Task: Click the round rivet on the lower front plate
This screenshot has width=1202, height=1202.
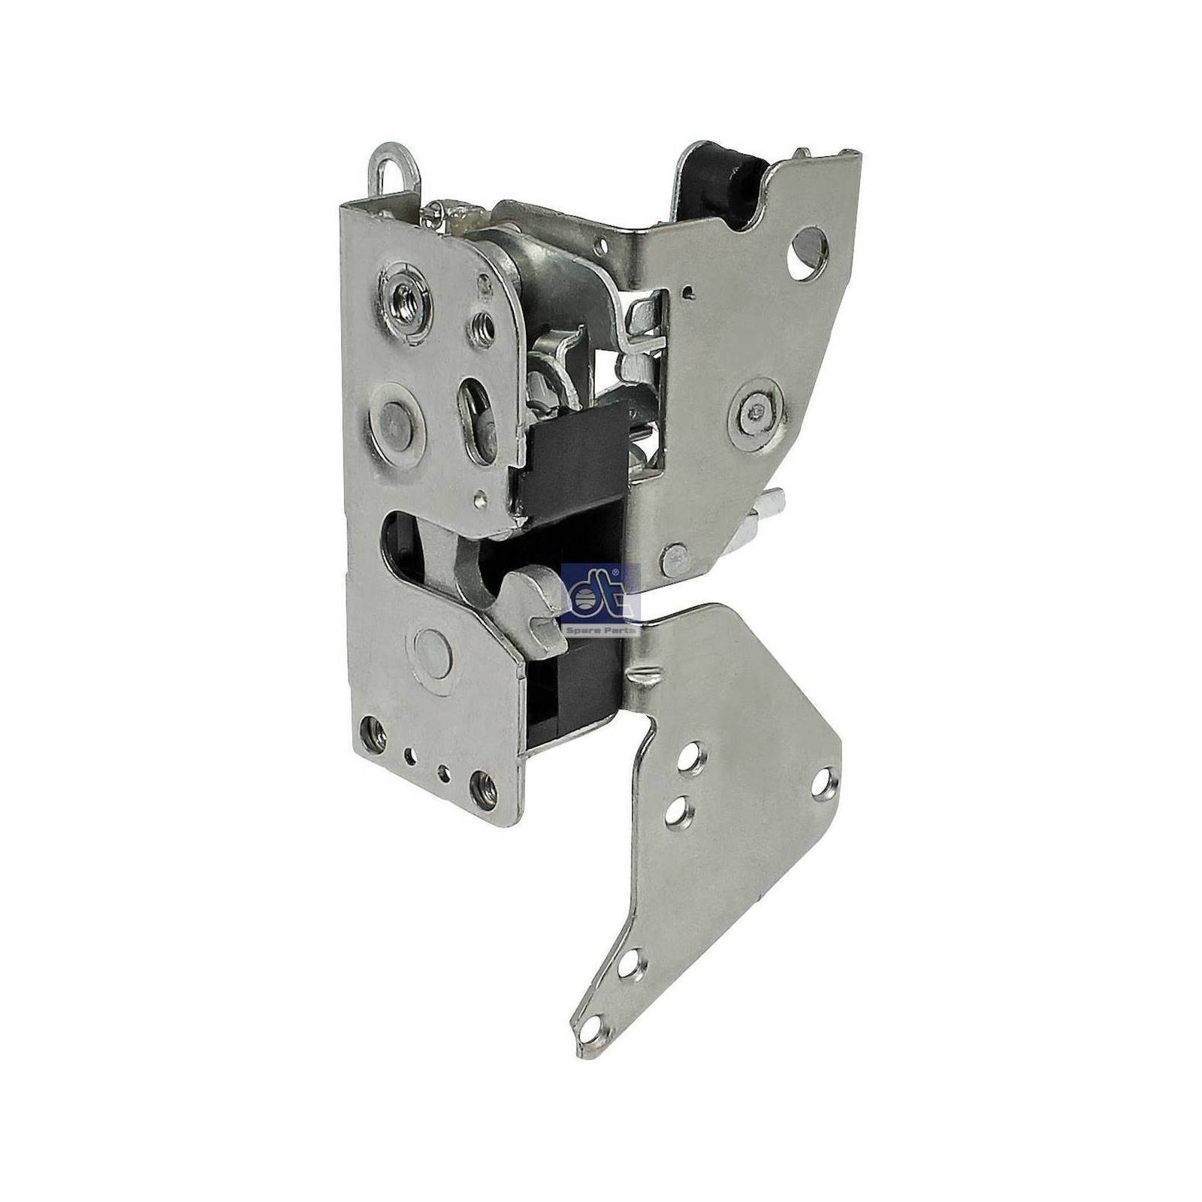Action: pyautogui.click(x=431, y=649)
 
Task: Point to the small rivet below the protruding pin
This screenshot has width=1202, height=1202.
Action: pyautogui.click(x=674, y=558)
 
